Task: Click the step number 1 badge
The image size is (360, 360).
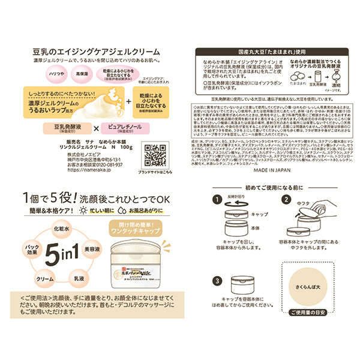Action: tap(215, 199)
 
